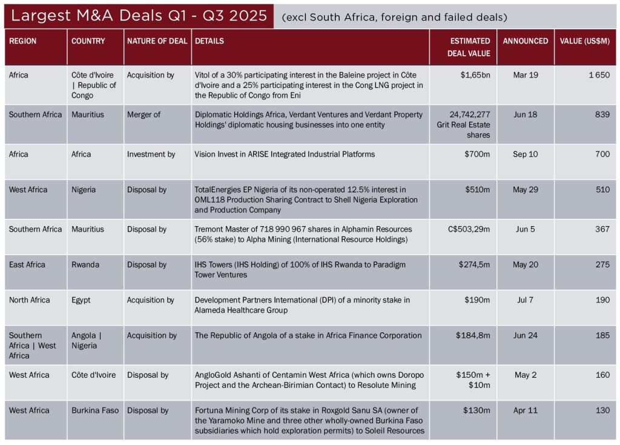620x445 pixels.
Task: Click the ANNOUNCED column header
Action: point(525,41)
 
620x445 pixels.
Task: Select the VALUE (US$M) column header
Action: point(584,41)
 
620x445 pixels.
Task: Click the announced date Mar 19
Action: point(525,75)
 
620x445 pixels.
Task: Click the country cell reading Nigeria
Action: point(84,190)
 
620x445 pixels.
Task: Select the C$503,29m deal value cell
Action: point(467,229)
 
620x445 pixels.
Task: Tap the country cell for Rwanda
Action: point(85,265)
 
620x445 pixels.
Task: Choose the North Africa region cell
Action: point(30,300)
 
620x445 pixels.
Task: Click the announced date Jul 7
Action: point(525,300)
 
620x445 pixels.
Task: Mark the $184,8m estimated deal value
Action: point(473,335)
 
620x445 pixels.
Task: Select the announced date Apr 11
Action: point(525,410)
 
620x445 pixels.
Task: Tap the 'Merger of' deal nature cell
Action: point(143,115)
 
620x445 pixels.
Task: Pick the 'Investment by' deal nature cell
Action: point(151,154)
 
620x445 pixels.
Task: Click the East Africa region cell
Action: point(27,265)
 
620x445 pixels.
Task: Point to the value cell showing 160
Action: point(602,375)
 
